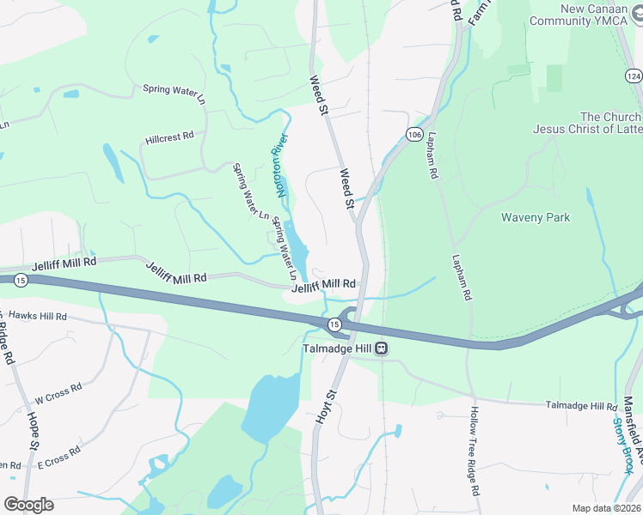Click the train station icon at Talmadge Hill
pyautogui.click(x=379, y=349)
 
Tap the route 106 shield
pyautogui.click(x=414, y=135)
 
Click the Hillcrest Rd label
pyautogui.click(x=169, y=136)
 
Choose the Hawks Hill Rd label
pyautogui.click(x=34, y=317)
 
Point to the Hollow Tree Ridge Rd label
pyautogui.click(x=474, y=450)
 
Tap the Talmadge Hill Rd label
pyautogui.click(x=582, y=406)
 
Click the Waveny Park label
pyautogui.click(x=536, y=218)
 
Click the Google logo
pyautogui.click(x=28, y=505)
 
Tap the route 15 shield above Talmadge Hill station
pyautogui.click(x=334, y=324)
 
